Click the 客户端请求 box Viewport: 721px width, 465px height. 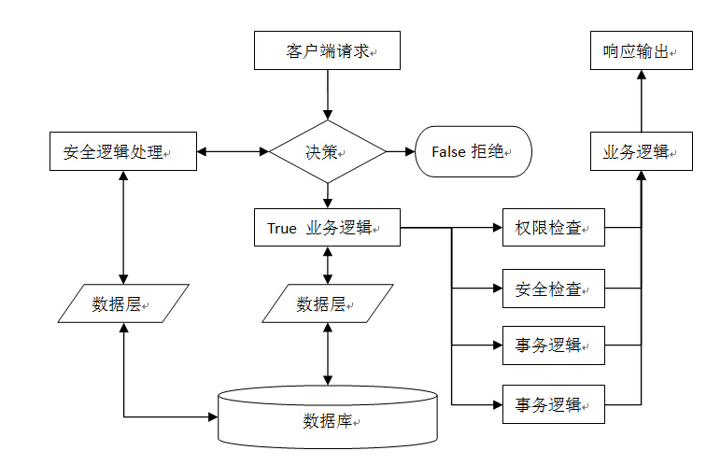327,50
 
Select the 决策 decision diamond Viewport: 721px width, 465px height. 327,151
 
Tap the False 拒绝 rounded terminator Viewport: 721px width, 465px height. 473,151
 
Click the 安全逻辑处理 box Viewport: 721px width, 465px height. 122,151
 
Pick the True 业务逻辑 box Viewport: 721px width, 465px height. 327,228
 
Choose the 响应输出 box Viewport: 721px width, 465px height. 642,50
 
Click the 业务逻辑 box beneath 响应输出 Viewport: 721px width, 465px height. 642,151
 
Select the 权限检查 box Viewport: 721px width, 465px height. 554,227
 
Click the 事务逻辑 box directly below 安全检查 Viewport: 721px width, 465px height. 554,345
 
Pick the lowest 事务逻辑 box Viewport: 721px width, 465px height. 554,403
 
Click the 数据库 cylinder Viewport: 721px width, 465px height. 327,417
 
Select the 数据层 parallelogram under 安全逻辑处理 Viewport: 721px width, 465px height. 122,303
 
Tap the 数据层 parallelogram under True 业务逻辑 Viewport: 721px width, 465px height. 327,303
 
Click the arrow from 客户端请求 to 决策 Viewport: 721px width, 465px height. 327,94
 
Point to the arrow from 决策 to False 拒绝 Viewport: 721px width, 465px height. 400,151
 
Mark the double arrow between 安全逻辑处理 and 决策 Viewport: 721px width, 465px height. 233,151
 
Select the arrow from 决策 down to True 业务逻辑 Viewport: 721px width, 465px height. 327,195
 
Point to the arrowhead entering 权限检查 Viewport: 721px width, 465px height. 497,227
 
